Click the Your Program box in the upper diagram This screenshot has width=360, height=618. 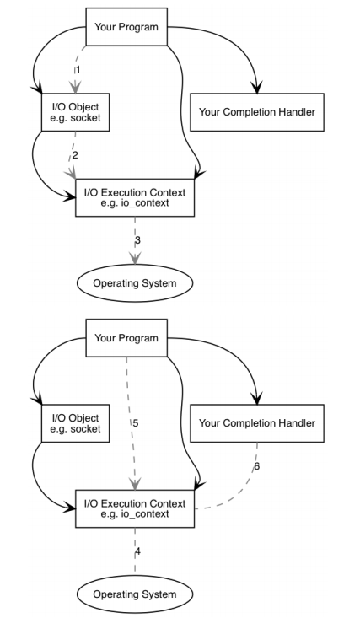tap(126, 27)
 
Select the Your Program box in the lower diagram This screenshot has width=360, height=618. tap(126, 338)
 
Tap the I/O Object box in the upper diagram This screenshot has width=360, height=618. tap(75, 112)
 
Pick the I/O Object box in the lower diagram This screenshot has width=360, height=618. tap(75, 423)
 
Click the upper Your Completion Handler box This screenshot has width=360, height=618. tap(257, 112)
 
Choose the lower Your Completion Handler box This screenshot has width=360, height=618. tap(257, 423)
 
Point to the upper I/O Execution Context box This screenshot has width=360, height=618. tap(135, 197)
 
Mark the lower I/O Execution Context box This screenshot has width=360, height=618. tap(135, 508)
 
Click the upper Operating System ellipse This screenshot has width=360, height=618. tap(135, 283)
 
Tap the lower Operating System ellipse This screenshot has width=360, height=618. tap(135, 594)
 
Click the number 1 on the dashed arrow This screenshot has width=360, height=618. tap(78, 70)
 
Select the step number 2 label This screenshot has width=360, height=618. tap(75, 155)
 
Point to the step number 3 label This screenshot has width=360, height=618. tap(137, 240)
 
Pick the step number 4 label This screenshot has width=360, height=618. tap(137, 551)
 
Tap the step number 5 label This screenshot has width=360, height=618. tap(136, 423)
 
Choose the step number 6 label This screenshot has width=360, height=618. tap(257, 466)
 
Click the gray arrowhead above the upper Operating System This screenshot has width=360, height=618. tap(135, 258)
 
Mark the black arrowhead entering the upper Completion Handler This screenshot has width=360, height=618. tap(257, 88)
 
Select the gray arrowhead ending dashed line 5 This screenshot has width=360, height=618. tap(135, 484)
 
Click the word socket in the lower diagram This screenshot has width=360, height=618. tap(85, 429)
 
